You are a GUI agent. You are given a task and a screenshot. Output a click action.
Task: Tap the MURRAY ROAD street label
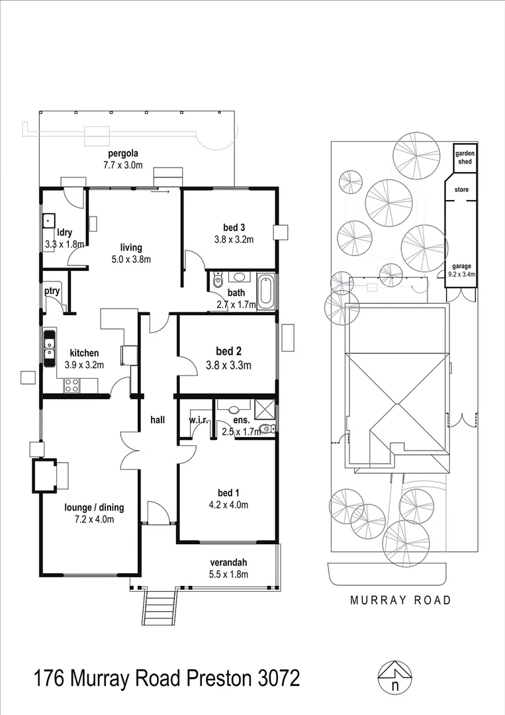(x=401, y=600)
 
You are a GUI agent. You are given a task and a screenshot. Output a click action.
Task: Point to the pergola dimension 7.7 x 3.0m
(x=122, y=166)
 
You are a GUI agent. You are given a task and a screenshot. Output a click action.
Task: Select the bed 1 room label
(x=226, y=493)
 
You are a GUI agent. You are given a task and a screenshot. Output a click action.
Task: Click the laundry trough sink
(x=48, y=220)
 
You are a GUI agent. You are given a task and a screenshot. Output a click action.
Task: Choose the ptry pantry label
(x=52, y=291)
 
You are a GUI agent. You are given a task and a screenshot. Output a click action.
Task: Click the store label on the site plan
(x=461, y=190)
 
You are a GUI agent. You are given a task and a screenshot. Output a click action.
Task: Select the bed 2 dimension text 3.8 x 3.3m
(x=228, y=365)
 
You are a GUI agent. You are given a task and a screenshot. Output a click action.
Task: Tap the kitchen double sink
(x=49, y=348)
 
